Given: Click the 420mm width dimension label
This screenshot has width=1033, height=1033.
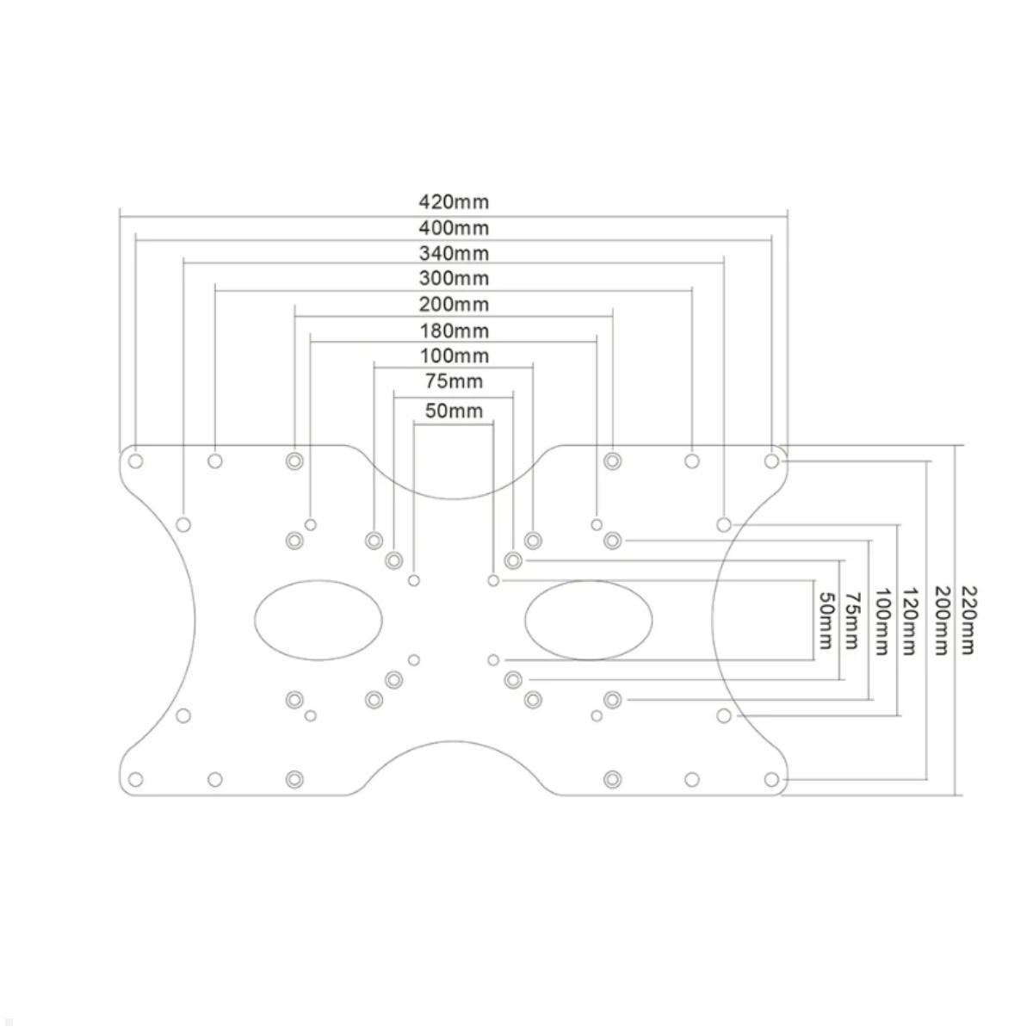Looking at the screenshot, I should tap(454, 202).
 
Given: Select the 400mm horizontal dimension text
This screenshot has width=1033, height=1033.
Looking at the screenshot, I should tap(454, 228).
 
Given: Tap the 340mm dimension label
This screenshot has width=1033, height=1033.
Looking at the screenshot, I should tap(454, 253).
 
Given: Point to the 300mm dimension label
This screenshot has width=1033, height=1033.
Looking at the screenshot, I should tap(454, 278).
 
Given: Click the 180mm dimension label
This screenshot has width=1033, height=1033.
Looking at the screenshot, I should tap(454, 331).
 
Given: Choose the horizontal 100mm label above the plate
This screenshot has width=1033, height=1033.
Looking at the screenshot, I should tap(454, 356).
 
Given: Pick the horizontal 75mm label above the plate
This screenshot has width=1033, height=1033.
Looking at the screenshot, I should tap(454, 380).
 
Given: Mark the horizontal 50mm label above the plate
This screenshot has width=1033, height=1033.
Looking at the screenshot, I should tap(454, 411).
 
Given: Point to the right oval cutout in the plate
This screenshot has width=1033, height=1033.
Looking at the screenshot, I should tap(588, 620).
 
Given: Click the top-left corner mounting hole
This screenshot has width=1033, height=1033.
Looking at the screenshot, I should tap(135, 461).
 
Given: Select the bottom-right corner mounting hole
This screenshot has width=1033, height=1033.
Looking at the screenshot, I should tap(771, 780).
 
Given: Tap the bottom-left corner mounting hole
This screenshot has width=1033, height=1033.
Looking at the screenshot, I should tap(135, 780).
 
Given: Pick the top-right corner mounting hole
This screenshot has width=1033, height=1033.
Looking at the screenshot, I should tap(771, 461).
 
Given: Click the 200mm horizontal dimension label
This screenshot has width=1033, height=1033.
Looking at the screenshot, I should tap(454, 304).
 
